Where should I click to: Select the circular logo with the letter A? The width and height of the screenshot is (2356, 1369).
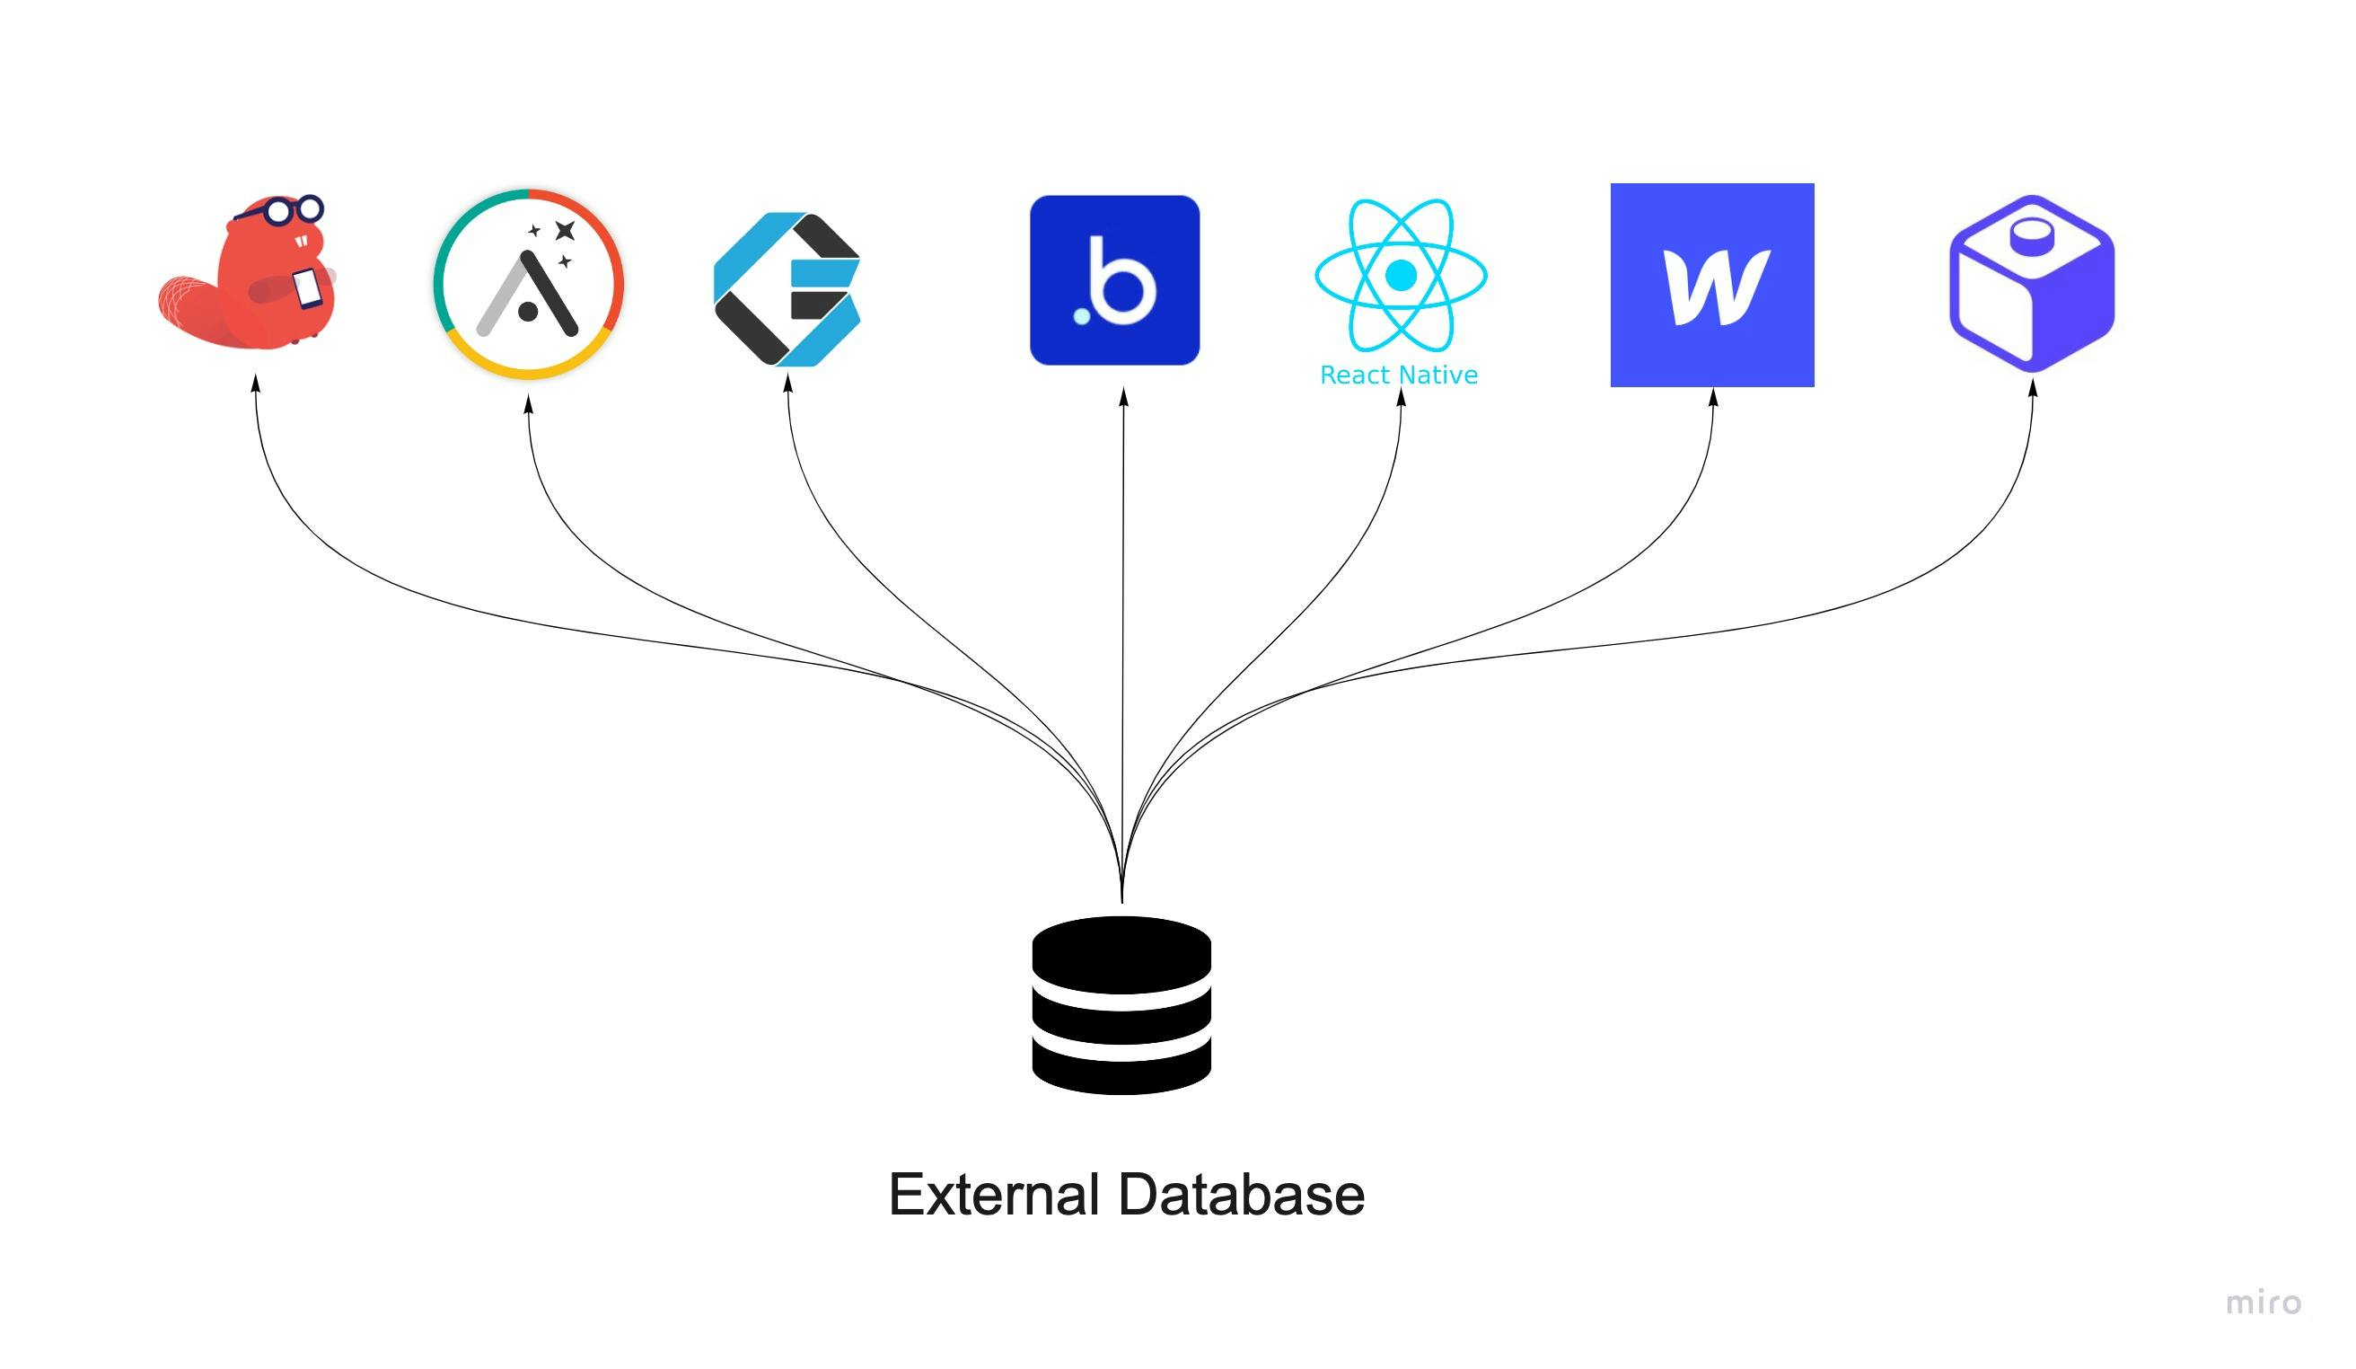[x=528, y=283]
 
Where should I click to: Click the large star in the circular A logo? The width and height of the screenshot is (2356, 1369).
[x=565, y=230]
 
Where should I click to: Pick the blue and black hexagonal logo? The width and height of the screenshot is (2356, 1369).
[x=787, y=289]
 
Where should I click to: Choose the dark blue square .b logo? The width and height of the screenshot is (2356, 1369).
[x=1114, y=279]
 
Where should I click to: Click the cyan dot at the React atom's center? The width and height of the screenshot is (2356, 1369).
[x=1401, y=275]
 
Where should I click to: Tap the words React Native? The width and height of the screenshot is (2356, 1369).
[x=1399, y=375]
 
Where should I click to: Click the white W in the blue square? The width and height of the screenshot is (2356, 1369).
[x=1717, y=287]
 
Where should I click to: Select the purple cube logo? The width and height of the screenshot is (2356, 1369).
[x=2032, y=283]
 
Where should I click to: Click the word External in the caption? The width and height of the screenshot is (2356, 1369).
[x=993, y=1195]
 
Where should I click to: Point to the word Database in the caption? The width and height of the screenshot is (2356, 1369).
[x=1242, y=1195]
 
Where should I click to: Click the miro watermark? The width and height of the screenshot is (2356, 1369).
[x=2264, y=1302]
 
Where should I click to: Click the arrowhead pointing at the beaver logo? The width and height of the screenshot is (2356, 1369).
[x=255, y=384]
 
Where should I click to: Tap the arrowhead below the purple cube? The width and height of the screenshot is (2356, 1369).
[x=2033, y=387]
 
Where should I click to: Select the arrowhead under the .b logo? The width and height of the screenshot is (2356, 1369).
[x=1124, y=397]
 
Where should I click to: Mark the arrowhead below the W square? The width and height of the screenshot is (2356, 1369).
[x=1714, y=397]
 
